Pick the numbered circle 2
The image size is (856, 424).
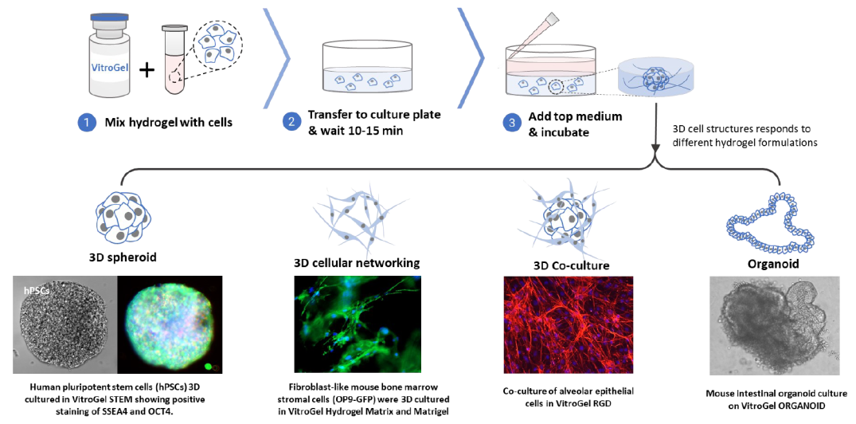[x=291, y=123]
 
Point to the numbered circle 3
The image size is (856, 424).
[x=511, y=123]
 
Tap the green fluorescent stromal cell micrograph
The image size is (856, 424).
[x=358, y=324]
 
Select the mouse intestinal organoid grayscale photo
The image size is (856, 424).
[x=775, y=326]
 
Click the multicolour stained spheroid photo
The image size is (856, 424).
[x=170, y=324]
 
